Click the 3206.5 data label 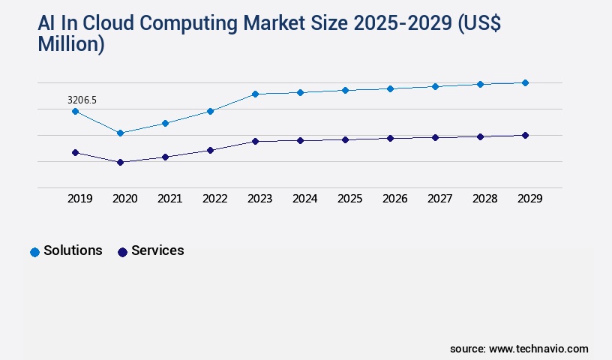(x=82, y=100)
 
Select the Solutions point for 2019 (x=75, y=111)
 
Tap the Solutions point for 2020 (x=120, y=133)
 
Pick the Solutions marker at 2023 (x=255, y=94)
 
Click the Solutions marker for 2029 (x=525, y=82)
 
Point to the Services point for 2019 (x=75, y=152)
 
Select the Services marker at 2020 (x=120, y=162)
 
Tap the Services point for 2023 (x=255, y=141)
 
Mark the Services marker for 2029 (x=525, y=135)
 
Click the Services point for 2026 (x=390, y=138)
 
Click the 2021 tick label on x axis (x=169, y=199)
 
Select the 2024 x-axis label (x=304, y=199)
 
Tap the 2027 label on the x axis (x=439, y=199)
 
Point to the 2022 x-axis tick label (x=214, y=199)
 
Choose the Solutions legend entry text (x=73, y=250)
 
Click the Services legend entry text (x=157, y=250)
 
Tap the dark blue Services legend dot (x=123, y=252)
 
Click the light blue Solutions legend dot (x=34, y=252)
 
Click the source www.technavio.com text (x=519, y=349)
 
